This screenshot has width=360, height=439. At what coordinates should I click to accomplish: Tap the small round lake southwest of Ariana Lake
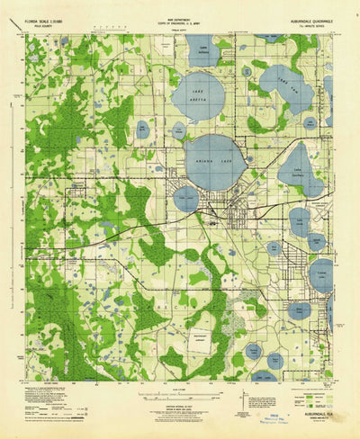click(186, 198)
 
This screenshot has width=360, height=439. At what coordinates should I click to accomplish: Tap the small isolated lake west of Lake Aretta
click(143, 129)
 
